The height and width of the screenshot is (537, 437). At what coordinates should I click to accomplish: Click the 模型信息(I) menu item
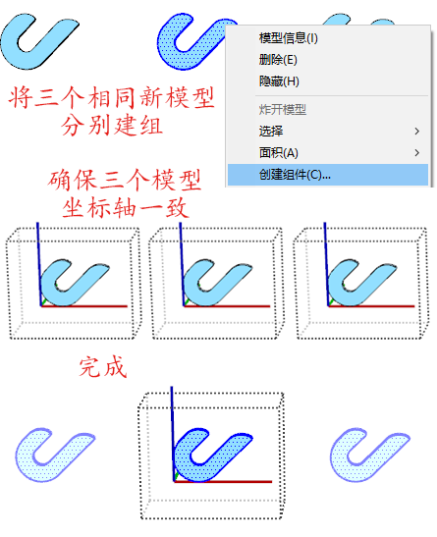point(288,37)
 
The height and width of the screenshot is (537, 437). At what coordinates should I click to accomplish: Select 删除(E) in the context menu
point(278,60)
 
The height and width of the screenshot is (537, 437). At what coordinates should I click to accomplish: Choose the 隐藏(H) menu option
point(279,81)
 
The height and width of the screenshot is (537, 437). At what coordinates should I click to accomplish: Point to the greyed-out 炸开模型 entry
point(282,110)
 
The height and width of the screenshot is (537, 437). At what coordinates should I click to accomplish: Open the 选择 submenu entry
point(271,131)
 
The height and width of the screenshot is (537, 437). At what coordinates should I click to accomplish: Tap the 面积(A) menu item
point(279,153)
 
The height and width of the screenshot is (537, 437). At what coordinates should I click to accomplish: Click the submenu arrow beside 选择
point(416,132)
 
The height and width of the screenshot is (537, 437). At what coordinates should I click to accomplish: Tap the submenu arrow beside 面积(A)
point(416,153)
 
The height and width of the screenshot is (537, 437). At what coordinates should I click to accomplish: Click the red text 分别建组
point(112,126)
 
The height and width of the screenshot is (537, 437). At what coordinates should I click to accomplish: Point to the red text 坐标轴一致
point(126,207)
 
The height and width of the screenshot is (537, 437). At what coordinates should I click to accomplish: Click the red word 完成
point(103,367)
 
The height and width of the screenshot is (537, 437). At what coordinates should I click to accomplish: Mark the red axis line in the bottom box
point(223,481)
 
